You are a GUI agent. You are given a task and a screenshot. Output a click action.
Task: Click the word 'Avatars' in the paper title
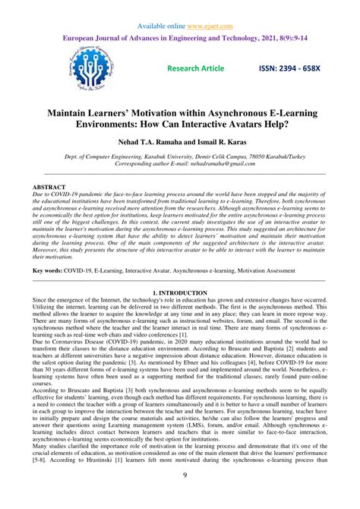[258, 124]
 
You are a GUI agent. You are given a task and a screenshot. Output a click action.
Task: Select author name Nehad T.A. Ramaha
[150, 142]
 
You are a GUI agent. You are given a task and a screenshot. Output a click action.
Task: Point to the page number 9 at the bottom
[181, 498]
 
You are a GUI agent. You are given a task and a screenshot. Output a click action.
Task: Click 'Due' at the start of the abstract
[39, 194]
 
